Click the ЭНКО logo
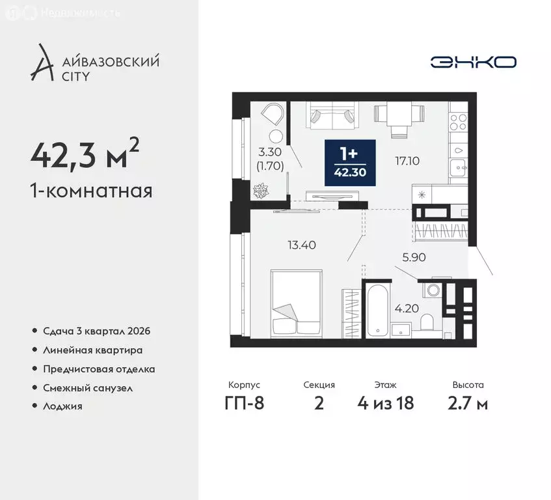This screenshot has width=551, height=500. click(473, 62)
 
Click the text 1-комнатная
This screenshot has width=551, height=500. click(91, 191)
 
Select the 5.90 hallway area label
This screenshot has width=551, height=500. click(414, 257)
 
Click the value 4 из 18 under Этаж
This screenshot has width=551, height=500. click(386, 404)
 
